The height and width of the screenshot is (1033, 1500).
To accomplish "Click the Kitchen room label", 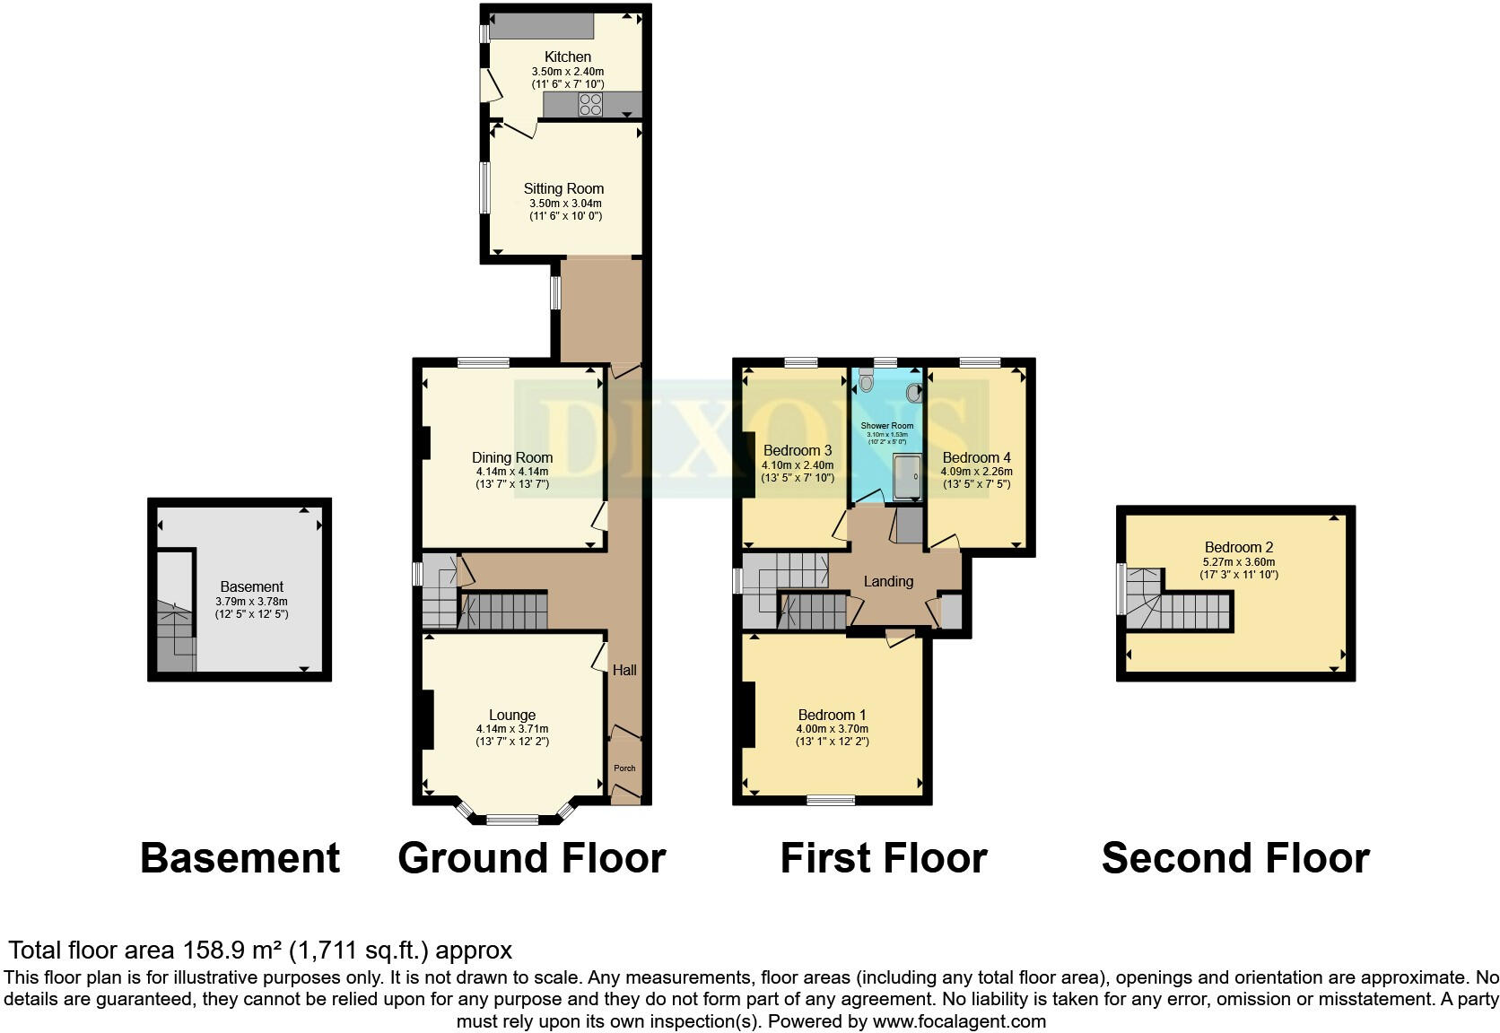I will [x=567, y=56].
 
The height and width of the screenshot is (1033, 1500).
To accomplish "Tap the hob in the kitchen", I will [x=590, y=105].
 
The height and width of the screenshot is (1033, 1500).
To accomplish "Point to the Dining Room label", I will [x=511, y=457].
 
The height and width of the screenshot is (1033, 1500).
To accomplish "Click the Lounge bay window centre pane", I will [x=512, y=819].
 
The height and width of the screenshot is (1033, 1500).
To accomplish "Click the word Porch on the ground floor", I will [x=624, y=768].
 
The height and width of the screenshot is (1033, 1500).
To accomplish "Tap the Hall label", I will [x=624, y=670].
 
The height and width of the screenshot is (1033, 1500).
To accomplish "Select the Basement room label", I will [x=251, y=586].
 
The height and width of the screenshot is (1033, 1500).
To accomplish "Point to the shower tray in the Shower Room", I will [x=907, y=476].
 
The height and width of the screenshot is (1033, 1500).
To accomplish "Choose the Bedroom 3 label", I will [x=797, y=450].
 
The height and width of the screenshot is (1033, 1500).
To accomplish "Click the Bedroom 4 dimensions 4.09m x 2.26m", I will [x=976, y=472].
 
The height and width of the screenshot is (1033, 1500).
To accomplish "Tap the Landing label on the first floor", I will [x=888, y=581].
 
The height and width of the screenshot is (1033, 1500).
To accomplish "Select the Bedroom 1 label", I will [x=832, y=715].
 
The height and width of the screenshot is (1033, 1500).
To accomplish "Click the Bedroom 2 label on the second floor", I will [x=1238, y=547].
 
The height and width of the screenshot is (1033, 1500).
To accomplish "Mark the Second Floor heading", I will [x=1234, y=858].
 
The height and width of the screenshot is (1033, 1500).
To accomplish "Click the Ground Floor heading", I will [x=531, y=858].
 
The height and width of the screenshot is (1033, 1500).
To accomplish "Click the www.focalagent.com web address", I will [x=958, y=1020].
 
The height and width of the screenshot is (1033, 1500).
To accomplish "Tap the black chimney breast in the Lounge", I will [x=428, y=719].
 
